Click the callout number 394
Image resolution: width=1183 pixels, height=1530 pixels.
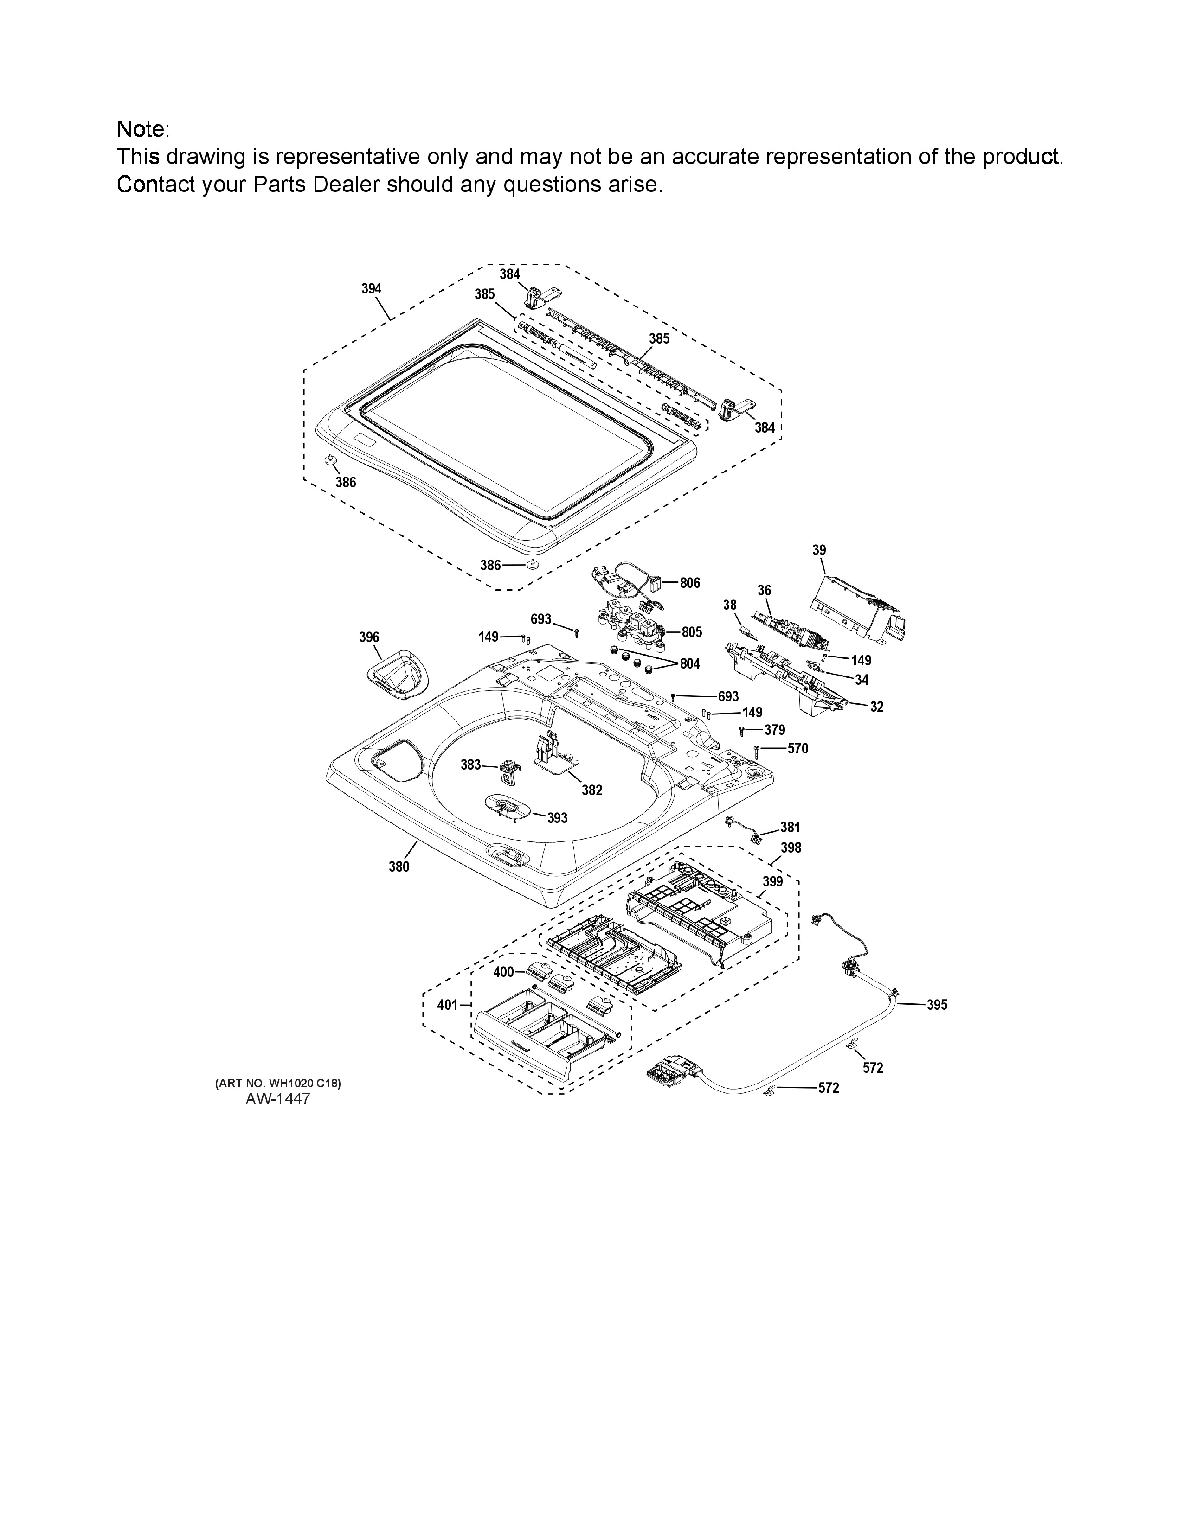[372, 289]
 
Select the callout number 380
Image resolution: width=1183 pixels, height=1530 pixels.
[399, 867]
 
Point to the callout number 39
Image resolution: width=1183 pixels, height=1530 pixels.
[819, 551]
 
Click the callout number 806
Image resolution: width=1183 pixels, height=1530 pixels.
[690, 583]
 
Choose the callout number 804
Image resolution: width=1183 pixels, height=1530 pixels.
[690, 663]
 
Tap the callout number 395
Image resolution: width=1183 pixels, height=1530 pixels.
[937, 1005]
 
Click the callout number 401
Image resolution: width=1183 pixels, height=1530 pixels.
[448, 1005]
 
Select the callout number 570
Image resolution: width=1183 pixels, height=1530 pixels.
[798, 748]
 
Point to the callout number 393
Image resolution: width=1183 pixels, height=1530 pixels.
[557, 818]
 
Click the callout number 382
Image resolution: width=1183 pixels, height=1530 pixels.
[592, 790]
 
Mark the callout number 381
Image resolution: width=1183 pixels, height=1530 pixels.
[791, 827]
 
